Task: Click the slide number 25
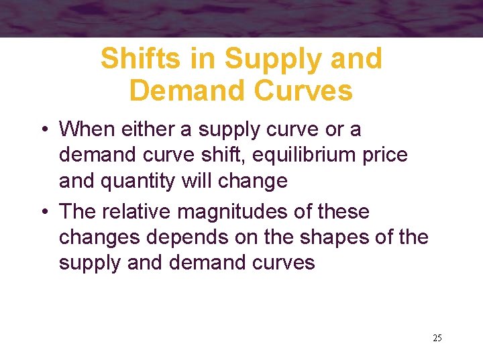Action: pos(437,338)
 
